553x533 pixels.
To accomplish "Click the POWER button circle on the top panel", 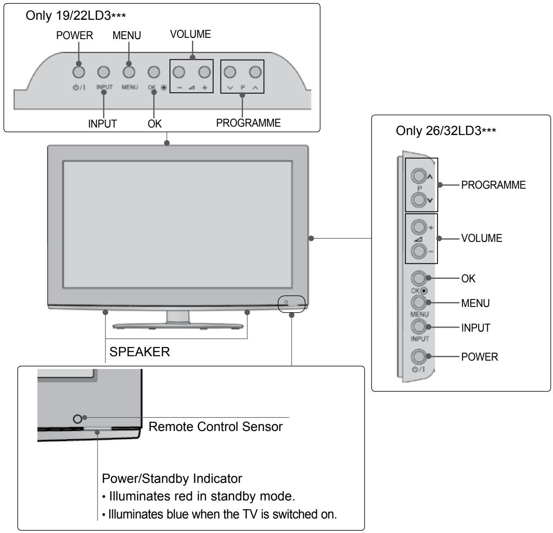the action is click(79, 72).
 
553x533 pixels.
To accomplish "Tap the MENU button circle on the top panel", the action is click(129, 72).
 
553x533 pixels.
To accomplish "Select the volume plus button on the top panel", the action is click(204, 72).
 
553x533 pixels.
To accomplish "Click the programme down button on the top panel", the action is click(230, 72).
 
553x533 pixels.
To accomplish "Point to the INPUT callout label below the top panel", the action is click(102, 124).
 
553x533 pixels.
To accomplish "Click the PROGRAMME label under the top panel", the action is click(248, 123).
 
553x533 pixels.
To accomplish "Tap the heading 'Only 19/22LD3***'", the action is click(76, 15).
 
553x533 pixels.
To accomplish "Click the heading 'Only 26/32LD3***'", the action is click(446, 131).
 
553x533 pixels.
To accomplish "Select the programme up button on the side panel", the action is click(419, 176).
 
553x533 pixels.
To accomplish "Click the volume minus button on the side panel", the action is click(419, 251).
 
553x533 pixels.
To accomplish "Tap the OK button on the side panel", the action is click(419, 278).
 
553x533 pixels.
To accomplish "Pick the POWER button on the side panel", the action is click(419, 357).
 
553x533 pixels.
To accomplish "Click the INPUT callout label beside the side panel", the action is click(476, 328).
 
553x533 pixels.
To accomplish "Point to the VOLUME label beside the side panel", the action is click(482, 238).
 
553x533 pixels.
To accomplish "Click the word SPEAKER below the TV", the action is click(140, 352).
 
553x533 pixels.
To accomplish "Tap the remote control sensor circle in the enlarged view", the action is click(77, 419).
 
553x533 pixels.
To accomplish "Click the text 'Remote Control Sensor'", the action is click(216, 427).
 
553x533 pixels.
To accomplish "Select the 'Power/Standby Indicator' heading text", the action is click(172, 478).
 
